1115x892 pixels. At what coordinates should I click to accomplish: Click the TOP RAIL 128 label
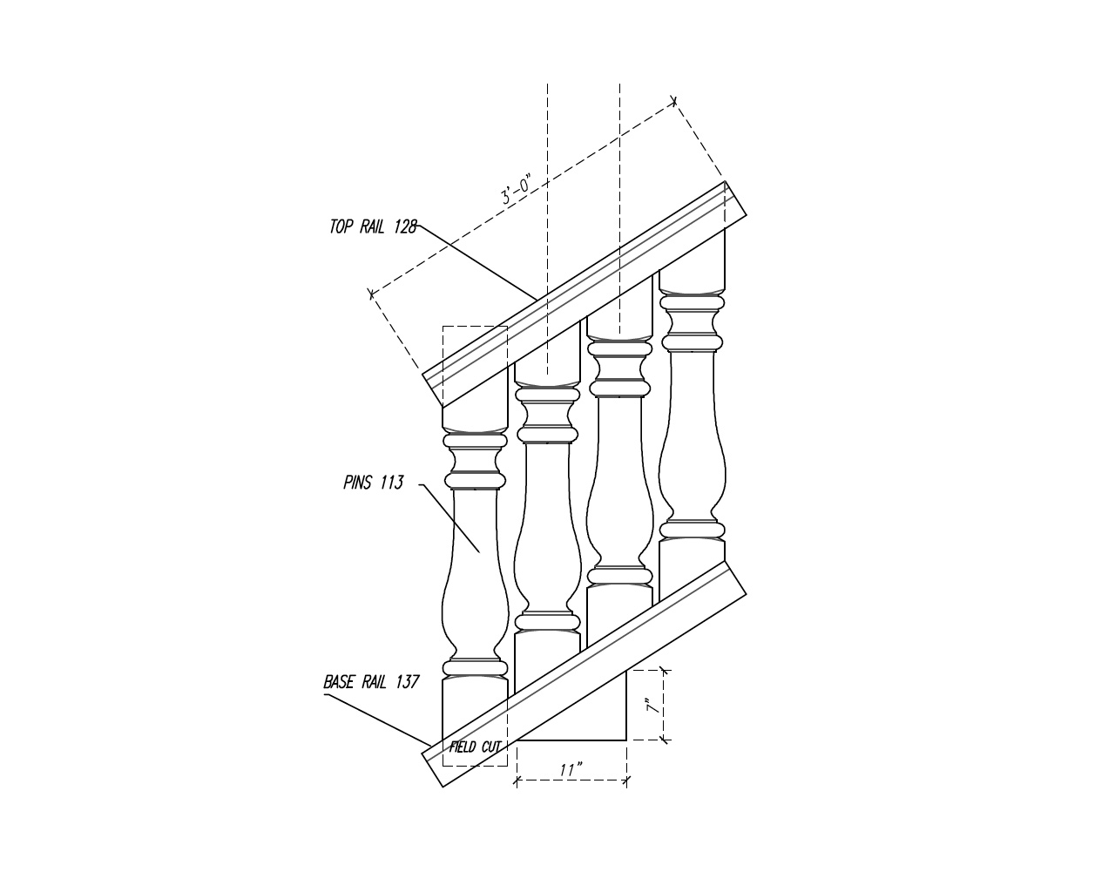pos(373,227)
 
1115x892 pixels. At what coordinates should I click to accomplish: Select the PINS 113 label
pos(373,483)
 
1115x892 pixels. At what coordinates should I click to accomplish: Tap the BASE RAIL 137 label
pos(371,682)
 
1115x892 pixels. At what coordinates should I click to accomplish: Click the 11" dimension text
pos(571,770)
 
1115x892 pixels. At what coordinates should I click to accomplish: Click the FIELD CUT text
pos(475,747)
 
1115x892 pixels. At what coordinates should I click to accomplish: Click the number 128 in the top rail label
pos(405,227)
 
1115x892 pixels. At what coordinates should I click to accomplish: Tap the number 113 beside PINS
pos(391,483)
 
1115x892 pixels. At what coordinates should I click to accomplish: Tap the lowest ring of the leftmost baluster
pos(475,668)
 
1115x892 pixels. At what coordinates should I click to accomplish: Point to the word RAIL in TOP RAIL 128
pos(373,227)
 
